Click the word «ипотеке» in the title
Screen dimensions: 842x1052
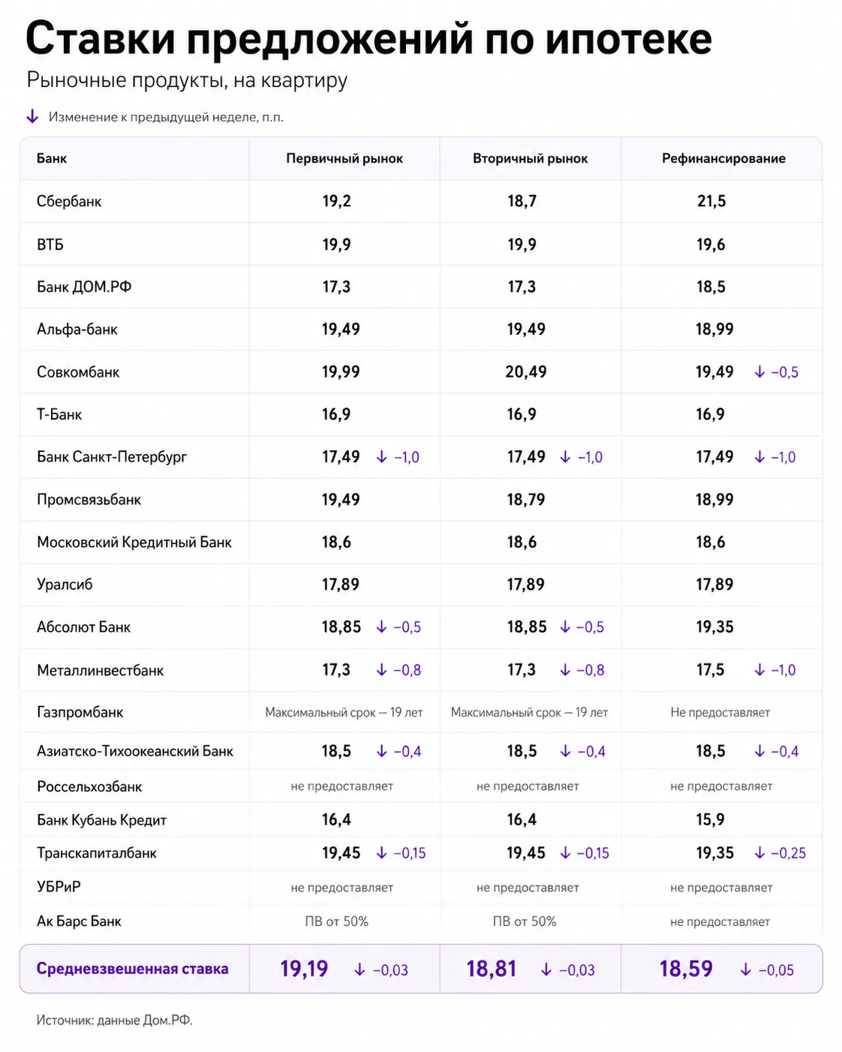click(x=628, y=39)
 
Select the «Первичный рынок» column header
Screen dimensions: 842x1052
click(x=344, y=158)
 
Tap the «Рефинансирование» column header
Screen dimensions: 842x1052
click(x=723, y=158)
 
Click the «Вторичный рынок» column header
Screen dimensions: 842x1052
click(x=530, y=158)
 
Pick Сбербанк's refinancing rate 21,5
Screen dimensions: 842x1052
click(x=711, y=201)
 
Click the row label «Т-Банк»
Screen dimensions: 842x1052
click(x=59, y=414)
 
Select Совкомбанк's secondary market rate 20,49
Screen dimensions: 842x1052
click(x=526, y=372)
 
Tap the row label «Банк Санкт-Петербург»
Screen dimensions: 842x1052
click(x=112, y=457)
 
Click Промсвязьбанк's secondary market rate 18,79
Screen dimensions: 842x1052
click(x=526, y=500)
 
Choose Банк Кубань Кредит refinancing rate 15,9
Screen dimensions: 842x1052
click(x=711, y=819)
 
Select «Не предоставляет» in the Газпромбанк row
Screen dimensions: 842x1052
click(x=720, y=712)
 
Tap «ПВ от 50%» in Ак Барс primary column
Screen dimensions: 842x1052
click(x=337, y=921)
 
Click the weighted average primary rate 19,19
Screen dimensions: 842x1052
click(x=304, y=969)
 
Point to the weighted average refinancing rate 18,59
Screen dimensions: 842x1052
click(x=686, y=969)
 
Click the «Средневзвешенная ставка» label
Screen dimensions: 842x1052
click(x=133, y=969)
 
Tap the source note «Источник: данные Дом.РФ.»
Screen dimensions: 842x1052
click(x=115, y=1020)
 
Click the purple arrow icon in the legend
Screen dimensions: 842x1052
click(x=32, y=116)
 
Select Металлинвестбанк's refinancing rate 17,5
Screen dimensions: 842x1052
click(x=711, y=670)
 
